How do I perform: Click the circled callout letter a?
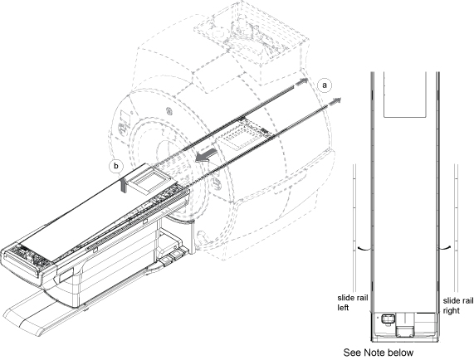[325, 85]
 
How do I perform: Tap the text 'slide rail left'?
[353, 303]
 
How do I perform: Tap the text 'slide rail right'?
[458, 305]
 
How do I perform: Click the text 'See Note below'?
[379, 353]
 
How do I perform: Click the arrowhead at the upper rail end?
[301, 81]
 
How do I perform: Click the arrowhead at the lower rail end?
[334, 102]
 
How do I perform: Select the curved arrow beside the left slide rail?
[365, 248]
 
